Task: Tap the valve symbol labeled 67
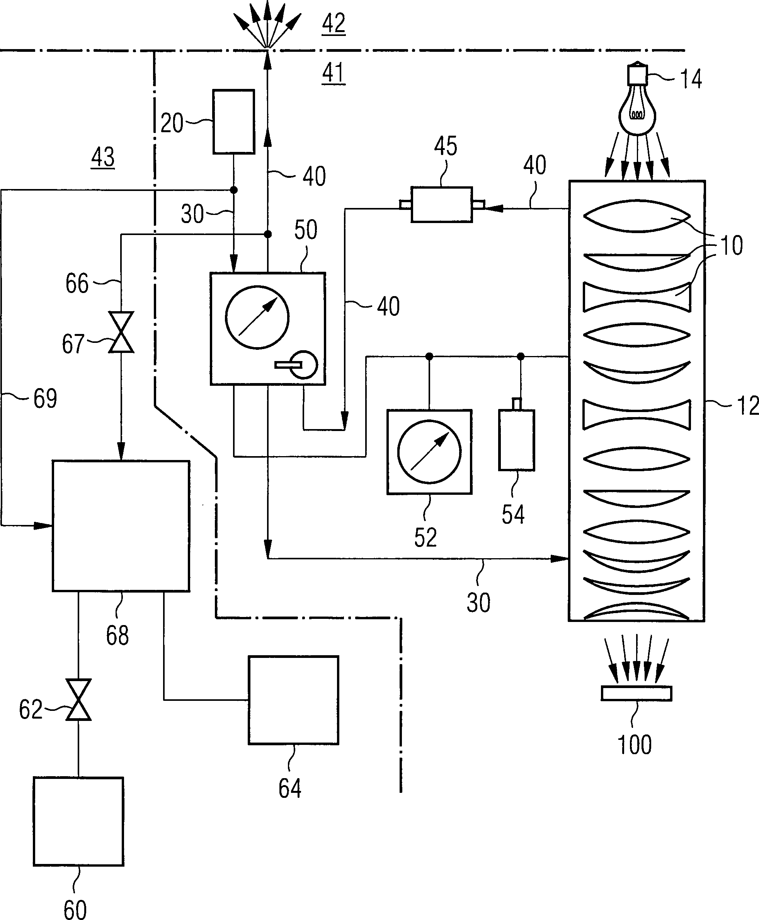pyautogui.click(x=121, y=332)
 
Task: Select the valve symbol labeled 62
pyautogui.click(x=78, y=700)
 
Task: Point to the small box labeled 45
pyautogui.click(x=442, y=204)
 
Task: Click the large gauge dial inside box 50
pyautogui.click(x=257, y=317)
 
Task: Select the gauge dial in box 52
pyautogui.click(x=429, y=452)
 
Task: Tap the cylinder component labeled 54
pyautogui.click(x=516, y=440)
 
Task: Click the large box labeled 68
pyautogui.click(x=121, y=526)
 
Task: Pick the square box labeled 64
pyautogui.click(x=293, y=700)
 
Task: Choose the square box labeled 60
pyautogui.click(x=78, y=821)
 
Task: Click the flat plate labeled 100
pyautogui.click(x=636, y=693)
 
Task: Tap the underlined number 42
pyautogui.click(x=334, y=24)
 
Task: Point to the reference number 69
pyautogui.click(x=45, y=399)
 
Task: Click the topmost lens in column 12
pyautogui.click(x=636, y=216)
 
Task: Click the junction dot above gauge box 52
pyautogui.click(x=429, y=357)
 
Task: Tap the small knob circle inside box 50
pyautogui.click(x=304, y=364)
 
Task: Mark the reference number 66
pyautogui.click(x=77, y=283)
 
